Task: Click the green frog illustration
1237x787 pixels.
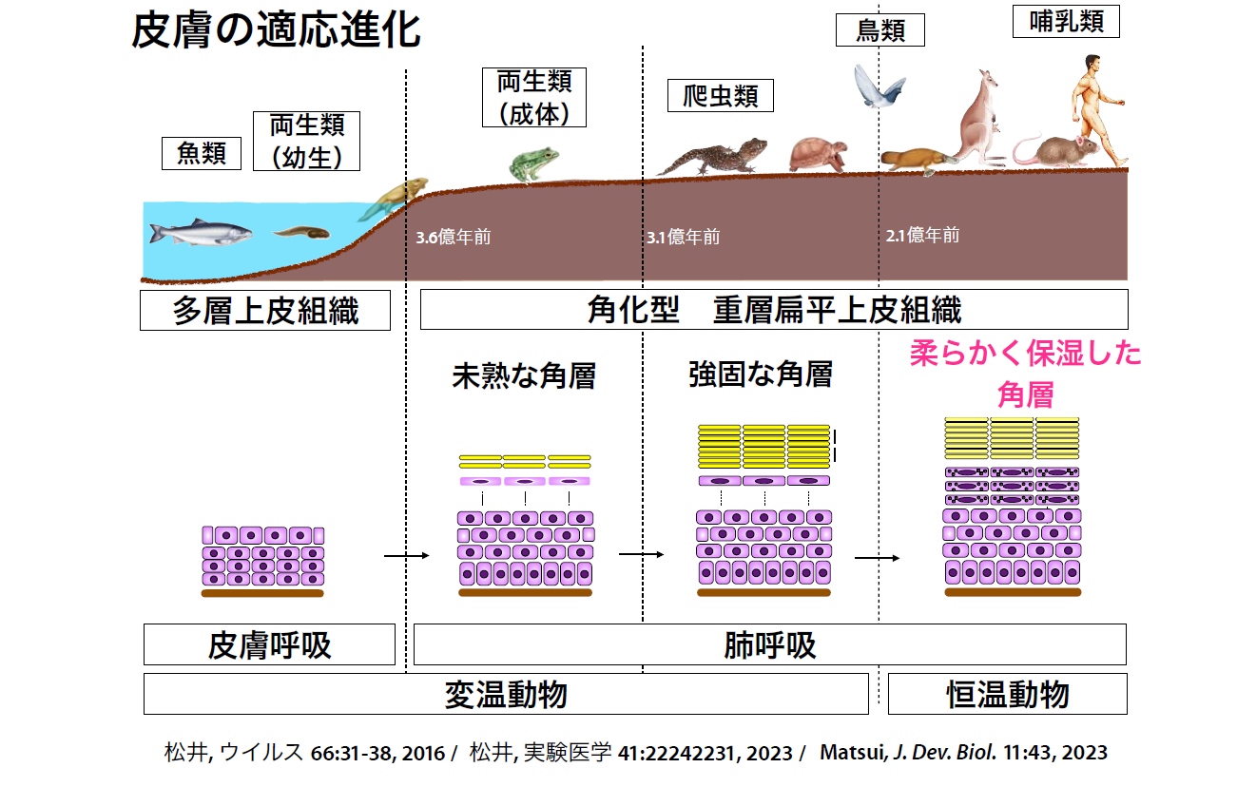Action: (x=532, y=164)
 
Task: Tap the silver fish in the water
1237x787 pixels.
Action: (x=201, y=231)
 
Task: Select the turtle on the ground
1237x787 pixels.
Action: (x=818, y=154)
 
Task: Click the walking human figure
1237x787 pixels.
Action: (x=1098, y=105)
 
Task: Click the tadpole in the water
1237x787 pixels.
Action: (x=301, y=231)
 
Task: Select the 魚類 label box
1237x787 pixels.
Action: (x=202, y=153)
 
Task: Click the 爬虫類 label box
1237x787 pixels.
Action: (x=721, y=95)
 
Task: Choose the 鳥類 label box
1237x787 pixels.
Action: (x=879, y=30)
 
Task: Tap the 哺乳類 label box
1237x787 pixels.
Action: (x=1067, y=20)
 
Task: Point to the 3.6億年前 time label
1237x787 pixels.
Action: (x=454, y=237)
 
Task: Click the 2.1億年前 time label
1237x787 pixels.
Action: (x=922, y=235)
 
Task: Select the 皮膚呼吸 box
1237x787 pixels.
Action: (x=269, y=644)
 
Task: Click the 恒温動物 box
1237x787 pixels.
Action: (x=1007, y=694)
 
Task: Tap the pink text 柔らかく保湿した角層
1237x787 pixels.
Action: (x=1025, y=374)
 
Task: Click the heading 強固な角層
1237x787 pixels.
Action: (x=760, y=374)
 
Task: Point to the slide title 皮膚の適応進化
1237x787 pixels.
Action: (x=276, y=31)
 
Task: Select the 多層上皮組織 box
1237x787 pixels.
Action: (x=265, y=310)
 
